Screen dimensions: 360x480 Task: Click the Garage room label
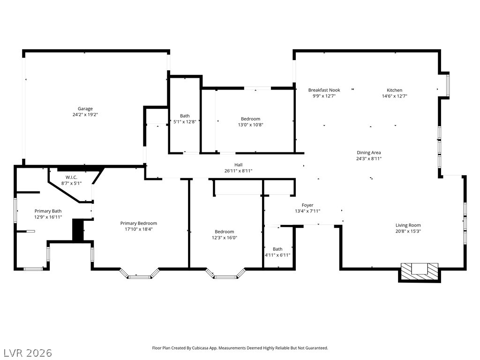(x=85, y=109)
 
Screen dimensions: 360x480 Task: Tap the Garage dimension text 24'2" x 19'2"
(x=85, y=115)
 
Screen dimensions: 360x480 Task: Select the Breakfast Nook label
(x=324, y=90)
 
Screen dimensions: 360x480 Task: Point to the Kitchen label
(x=394, y=90)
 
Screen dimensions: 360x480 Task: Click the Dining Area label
(x=368, y=152)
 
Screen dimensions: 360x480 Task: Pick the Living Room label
(x=408, y=225)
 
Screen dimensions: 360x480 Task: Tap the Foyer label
(x=307, y=205)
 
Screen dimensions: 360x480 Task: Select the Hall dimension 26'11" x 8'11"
(x=238, y=171)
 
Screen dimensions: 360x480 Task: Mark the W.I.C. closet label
(x=71, y=177)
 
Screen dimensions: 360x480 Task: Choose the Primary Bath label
(x=48, y=211)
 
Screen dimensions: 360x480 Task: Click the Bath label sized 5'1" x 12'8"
(x=185, y=116)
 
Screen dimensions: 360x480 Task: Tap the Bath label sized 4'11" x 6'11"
(x=277, y=249)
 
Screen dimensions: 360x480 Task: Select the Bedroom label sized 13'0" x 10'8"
(x=250, y=119)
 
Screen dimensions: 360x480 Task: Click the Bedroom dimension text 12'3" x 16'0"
(x=224, y=238)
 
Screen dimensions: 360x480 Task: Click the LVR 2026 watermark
(x=28, y=352)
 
